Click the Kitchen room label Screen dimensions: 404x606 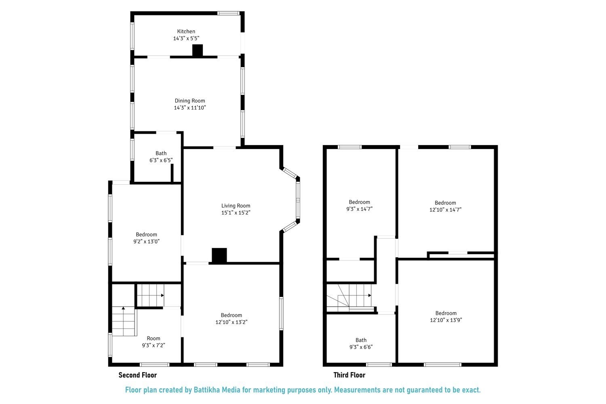pos(186,32)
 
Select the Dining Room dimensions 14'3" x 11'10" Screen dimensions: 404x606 pos(190,108)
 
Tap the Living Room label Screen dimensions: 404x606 pos(236,206)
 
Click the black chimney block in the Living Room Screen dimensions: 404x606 pos(219,256)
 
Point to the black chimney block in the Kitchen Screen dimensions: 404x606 pos(197,50)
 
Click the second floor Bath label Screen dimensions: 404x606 pos(161,153)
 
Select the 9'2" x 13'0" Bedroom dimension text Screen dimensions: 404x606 pos(146,242)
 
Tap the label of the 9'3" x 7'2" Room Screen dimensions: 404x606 pos(154,339)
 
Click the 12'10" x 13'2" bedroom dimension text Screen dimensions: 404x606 pos(231,322)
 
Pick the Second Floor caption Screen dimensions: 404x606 pos(137,375)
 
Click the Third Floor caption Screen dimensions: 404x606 pos(349,375)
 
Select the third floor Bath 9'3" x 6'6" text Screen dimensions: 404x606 pos(361,347)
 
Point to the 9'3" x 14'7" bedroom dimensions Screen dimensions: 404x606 pos(359,209)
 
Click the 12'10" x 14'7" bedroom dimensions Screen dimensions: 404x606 pos(445,210)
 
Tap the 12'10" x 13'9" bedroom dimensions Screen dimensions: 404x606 pos(446,320)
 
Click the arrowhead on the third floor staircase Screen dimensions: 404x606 pos(369,295)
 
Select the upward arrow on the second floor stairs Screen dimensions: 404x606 pos(124,309)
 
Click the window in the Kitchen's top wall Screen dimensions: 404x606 pos(229,13)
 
